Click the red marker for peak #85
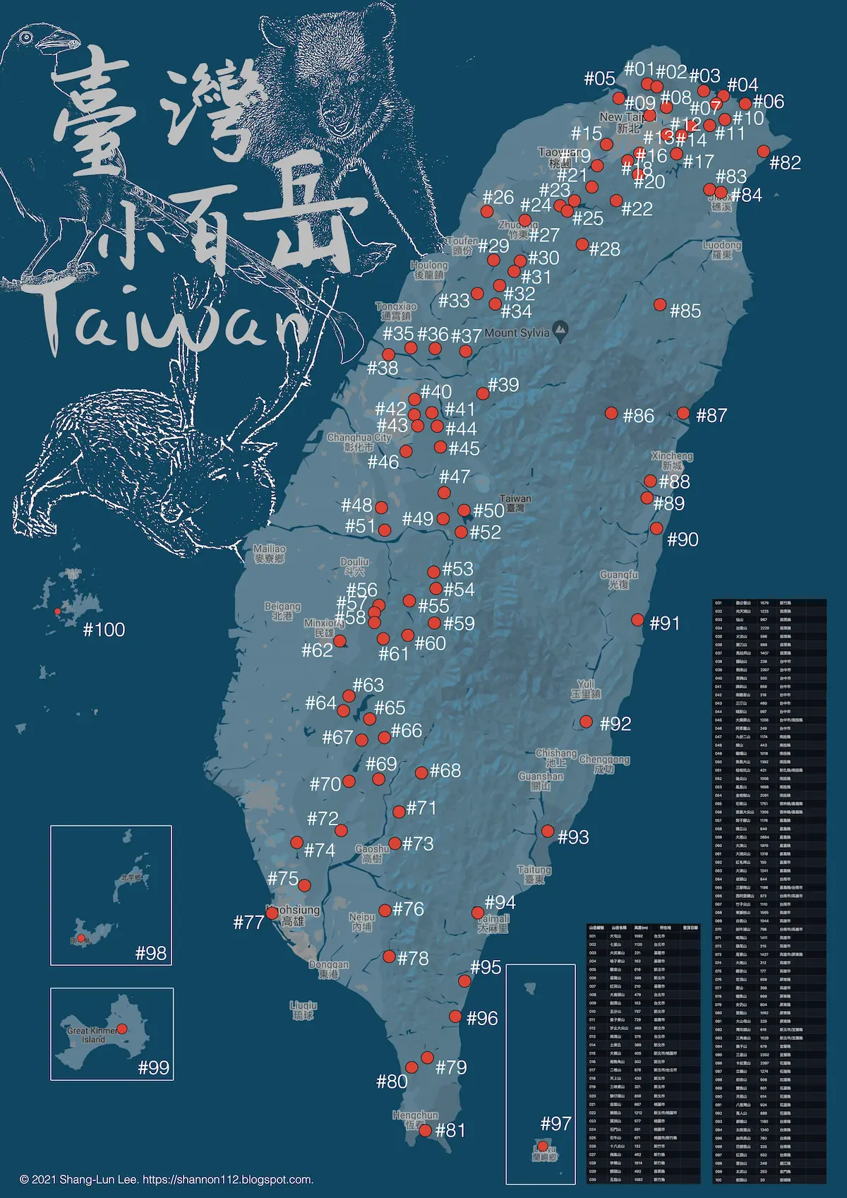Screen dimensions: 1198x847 point(659,304)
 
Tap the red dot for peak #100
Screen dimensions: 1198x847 point(57,611)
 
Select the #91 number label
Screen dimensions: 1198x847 point(664,623)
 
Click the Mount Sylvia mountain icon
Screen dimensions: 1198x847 point(561,329)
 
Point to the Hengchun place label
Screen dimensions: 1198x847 point(416,1120)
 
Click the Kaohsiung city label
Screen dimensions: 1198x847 point(293,915)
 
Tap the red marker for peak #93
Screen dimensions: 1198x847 point(548,831)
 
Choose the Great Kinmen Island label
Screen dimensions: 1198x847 point(92,1035)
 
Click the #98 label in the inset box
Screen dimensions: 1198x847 point(151,954)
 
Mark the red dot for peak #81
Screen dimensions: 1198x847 point(425,1130)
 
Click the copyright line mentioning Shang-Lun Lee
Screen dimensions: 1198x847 point(167,1180)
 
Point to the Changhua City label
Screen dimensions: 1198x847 point(359,442)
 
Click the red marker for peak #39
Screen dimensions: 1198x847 point(483,393)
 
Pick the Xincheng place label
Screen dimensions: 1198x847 point(672,461)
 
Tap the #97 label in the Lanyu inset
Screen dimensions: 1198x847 point(555,1124)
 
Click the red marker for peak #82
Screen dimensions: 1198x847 point(763,151)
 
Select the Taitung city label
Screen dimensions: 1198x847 point(534,875)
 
